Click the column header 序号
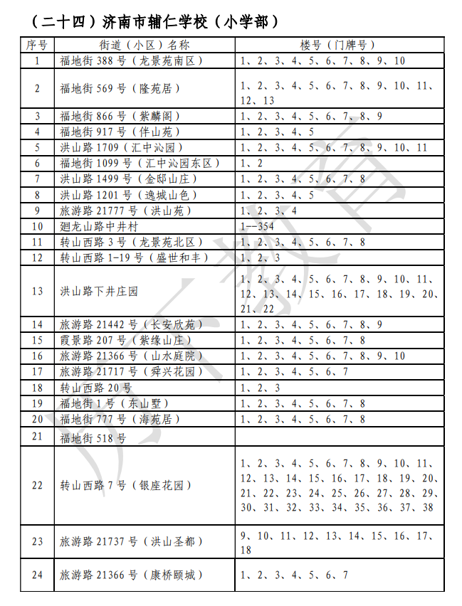(x=37, y=45)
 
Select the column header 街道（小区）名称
(x=145, y=45)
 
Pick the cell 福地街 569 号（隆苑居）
(x=120, y=88)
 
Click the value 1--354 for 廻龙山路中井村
(x=256, y=227)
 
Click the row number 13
(x=37, y=292)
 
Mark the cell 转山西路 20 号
(x=96, y=388)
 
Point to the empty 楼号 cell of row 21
(x=340, y=437)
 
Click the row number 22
(x=37, y=486)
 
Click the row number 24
(x=37, y=575)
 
